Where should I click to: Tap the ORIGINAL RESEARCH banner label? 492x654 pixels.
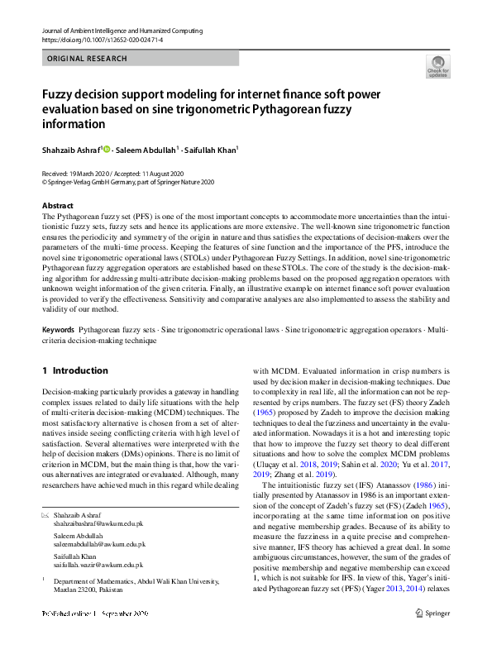pos(87,59)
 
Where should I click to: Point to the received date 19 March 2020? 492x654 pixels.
pos(98,174)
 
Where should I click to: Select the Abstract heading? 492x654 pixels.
pos(57,205)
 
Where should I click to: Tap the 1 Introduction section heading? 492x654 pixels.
pos(74,370)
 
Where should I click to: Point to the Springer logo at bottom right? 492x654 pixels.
pos(433,613)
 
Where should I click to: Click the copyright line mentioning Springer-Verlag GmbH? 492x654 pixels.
pos(127,182)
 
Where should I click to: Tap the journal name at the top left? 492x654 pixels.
pos(121,31)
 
